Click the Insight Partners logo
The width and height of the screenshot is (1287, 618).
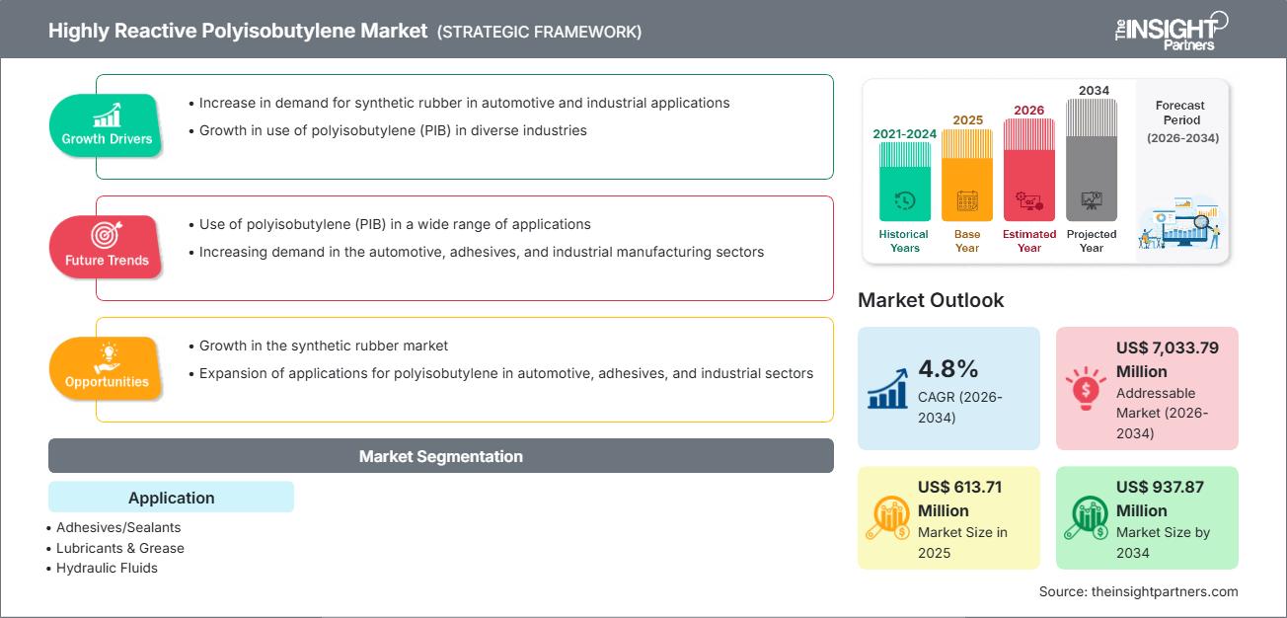[1171, 30]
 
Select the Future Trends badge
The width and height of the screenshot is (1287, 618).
[107, 248]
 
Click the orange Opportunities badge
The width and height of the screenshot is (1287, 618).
[107, 369]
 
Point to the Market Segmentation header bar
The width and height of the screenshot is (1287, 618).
[440, 456]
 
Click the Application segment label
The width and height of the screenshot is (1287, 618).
[171, 498]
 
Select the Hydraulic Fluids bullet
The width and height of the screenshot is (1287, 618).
[107, 568]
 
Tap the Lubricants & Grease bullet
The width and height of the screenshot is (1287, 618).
[119, 548]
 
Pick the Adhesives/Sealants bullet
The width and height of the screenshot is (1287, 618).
[118, 527]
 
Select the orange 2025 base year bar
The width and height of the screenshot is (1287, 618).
[967, 175]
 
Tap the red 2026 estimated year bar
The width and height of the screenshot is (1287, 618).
[1029, 169]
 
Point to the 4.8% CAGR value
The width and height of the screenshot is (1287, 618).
[947, 369]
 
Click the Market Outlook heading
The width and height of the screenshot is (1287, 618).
[931, 300]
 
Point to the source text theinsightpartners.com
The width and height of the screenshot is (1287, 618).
[1138, 591]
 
